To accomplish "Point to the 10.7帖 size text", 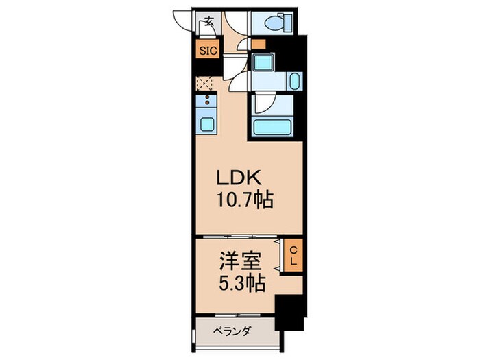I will [x=245, y=200].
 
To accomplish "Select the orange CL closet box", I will [x=291, y=256].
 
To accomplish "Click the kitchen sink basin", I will [x=206, y=125].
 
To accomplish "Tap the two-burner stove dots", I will [x=206, y=103].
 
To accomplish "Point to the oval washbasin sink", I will [x=294, y=84].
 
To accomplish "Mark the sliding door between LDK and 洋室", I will [x=237, y=238].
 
